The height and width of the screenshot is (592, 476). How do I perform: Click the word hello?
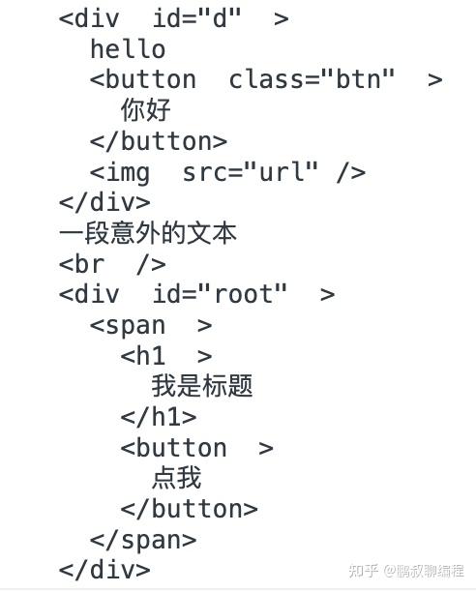[128, 49]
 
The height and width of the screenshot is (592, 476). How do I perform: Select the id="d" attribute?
[196, 18]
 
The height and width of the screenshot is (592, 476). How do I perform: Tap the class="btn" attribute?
[312, 79]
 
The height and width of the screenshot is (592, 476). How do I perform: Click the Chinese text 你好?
[146, 110]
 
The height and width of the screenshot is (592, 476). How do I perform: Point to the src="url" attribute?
[251, 172]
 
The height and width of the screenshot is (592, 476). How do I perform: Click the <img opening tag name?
[120, 173]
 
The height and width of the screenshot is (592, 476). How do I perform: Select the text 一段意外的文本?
[148, 233]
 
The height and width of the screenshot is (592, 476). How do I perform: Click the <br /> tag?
[112, 264]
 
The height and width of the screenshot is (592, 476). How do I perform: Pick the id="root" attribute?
[220, 294]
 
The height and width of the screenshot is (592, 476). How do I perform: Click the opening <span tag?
[128, 326]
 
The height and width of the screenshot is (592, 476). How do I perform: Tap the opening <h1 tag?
[142, 356]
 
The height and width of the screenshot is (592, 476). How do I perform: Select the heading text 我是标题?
[202, 386]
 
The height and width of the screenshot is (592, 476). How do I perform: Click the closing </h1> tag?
[159, 417]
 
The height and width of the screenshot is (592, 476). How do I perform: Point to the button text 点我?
[177, 478]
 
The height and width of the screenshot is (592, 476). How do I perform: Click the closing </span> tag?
[143, 540]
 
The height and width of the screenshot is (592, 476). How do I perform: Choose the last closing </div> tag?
[104, 570]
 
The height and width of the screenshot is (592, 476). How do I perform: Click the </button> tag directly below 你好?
[159, 141]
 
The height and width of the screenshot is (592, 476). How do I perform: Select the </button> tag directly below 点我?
[189, 509]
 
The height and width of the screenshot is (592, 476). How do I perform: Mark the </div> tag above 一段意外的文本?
[104, 202]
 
